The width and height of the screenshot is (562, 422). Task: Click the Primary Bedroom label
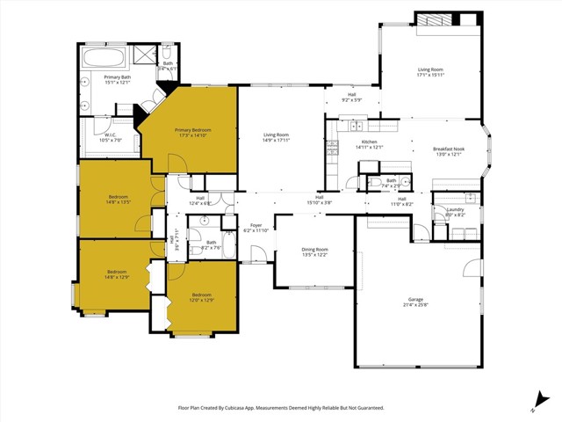tap(192, 130)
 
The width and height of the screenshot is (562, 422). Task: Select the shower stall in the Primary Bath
tap(141, 58)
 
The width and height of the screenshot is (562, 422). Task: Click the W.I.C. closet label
tap(110, 135)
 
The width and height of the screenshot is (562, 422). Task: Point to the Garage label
tap(417, 299)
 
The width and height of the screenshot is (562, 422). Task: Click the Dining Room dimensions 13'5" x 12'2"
tap(314, 255)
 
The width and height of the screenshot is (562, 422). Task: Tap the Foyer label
tap(256, 225)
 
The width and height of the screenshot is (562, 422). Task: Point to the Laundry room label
tap(454, 209)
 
